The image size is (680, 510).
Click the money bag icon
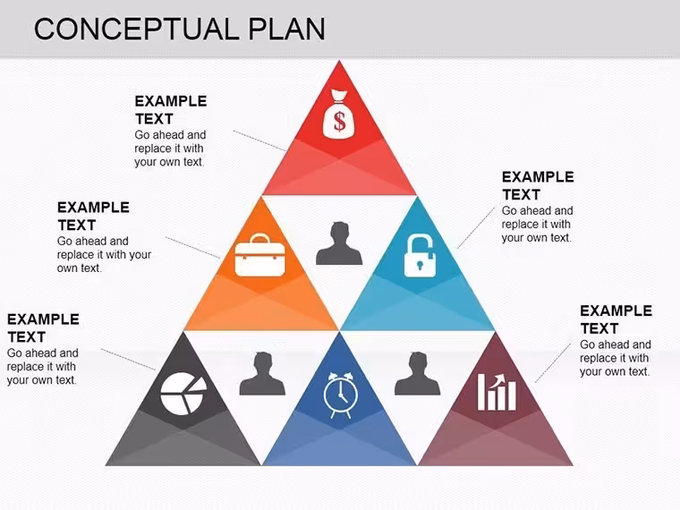[339, 115]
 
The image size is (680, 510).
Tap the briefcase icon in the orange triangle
[259, 255]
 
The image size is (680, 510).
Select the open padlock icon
[420, 256]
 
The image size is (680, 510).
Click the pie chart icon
[183, 394]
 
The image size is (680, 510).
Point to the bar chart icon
[497, 392]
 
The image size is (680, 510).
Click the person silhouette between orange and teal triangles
[339, 243]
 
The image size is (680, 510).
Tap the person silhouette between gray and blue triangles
[262, 373]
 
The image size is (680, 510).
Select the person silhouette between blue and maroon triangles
[417, 373]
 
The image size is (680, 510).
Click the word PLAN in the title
[286, 29]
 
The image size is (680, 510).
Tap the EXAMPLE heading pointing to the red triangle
[171, 101]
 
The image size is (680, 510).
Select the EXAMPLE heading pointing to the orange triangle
[93, 208]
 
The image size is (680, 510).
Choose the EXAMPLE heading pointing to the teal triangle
[538, 177]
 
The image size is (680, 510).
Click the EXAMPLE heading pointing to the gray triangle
[43, 319]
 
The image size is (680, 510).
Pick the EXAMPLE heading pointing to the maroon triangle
[616, 310]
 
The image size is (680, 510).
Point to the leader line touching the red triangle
[259, 140]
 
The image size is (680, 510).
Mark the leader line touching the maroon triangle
[553, 363]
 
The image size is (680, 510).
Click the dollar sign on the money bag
[340, 121]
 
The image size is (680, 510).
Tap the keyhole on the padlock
[420, 265]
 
